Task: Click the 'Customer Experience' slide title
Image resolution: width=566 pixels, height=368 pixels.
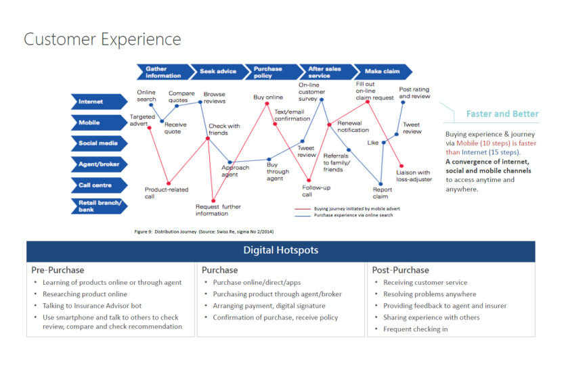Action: click(102, 39)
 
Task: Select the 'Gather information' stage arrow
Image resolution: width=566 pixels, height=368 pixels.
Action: click(162, 72)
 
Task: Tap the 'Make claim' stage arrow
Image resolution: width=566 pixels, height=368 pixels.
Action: click(383, 72)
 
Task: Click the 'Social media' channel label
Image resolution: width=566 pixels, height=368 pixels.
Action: click(98, 143)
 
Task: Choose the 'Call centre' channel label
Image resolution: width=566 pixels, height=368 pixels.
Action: click(98, 185)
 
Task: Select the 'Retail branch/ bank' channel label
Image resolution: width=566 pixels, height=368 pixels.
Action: click(98, 206)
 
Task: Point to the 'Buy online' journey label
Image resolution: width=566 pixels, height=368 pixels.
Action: click(267, 97)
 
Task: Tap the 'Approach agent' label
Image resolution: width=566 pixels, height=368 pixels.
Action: click(235, 171)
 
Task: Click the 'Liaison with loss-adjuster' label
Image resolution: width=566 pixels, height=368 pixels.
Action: click(413, 176)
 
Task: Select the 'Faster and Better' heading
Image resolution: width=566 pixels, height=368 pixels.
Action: click(502, 114)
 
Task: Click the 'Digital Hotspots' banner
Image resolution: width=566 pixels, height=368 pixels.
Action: click(280, 251)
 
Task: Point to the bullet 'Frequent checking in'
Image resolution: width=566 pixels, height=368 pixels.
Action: click(415, 329)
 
